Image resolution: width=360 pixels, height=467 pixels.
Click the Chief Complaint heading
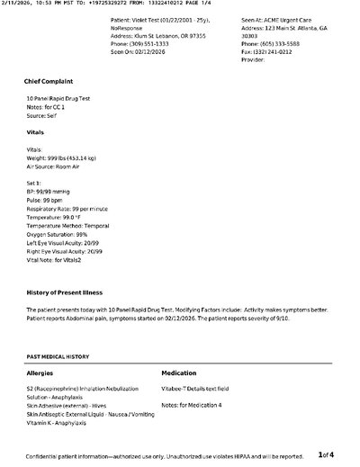point(49,81)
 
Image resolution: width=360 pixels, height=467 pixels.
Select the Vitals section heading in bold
point(36,132)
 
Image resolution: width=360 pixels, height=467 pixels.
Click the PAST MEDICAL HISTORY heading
point(58,356)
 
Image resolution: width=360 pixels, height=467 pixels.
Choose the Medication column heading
point(182,372)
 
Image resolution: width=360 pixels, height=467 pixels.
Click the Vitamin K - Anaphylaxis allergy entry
point(63,422)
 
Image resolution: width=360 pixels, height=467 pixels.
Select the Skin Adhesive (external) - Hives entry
point(71,406)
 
